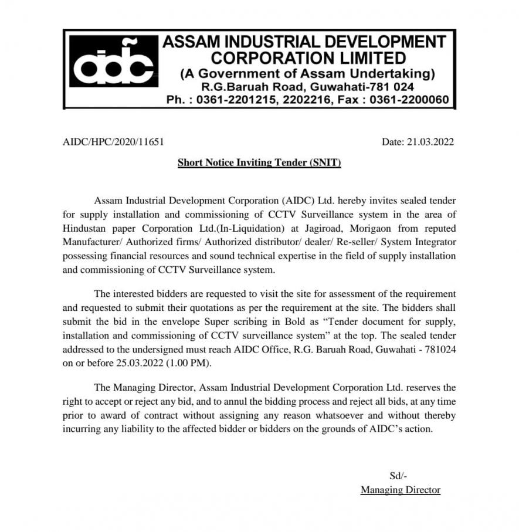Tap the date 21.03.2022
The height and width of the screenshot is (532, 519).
click(x=431, y=141)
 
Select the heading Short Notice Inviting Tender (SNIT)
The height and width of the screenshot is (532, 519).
click(x=259, y=162)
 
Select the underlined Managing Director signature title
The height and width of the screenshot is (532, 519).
click(x=400, y=490)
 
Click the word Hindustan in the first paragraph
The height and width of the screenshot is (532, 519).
click(x=87, y=228)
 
